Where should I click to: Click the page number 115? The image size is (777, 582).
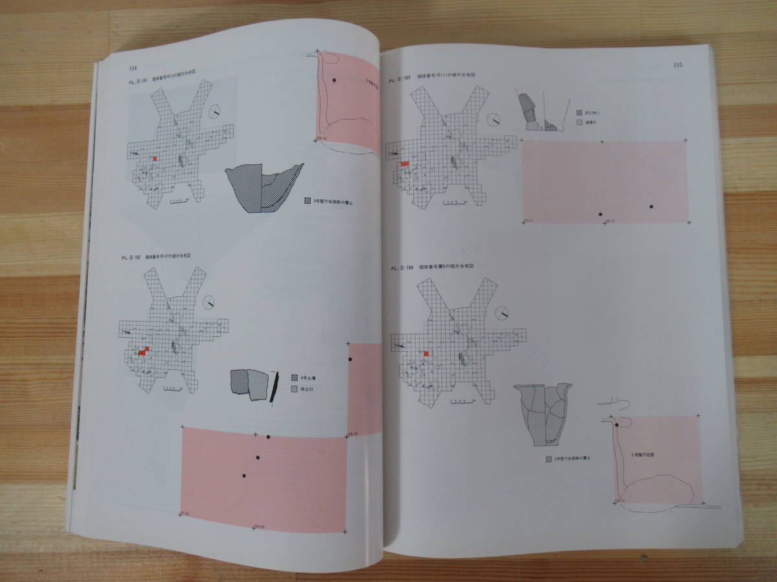click(x=678, y=65)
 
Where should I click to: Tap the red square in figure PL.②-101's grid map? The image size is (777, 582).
click(x=155, y=158)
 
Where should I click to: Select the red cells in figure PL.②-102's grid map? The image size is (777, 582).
click(x=144, y=351)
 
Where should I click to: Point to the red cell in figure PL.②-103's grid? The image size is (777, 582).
click(x=405, y=164)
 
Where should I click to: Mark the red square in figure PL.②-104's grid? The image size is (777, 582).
click(x=426, y=353)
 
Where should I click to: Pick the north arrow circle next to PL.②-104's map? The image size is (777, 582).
click(x=502, y=312)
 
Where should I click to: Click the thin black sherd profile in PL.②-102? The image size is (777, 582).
click(x=274, y=388)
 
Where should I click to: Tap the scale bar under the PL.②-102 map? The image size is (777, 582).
click(x=173, y=387)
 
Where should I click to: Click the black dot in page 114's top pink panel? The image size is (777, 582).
click(x=334, y=80)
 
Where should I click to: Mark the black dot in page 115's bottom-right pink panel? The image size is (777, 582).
click(x=618, y=424)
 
